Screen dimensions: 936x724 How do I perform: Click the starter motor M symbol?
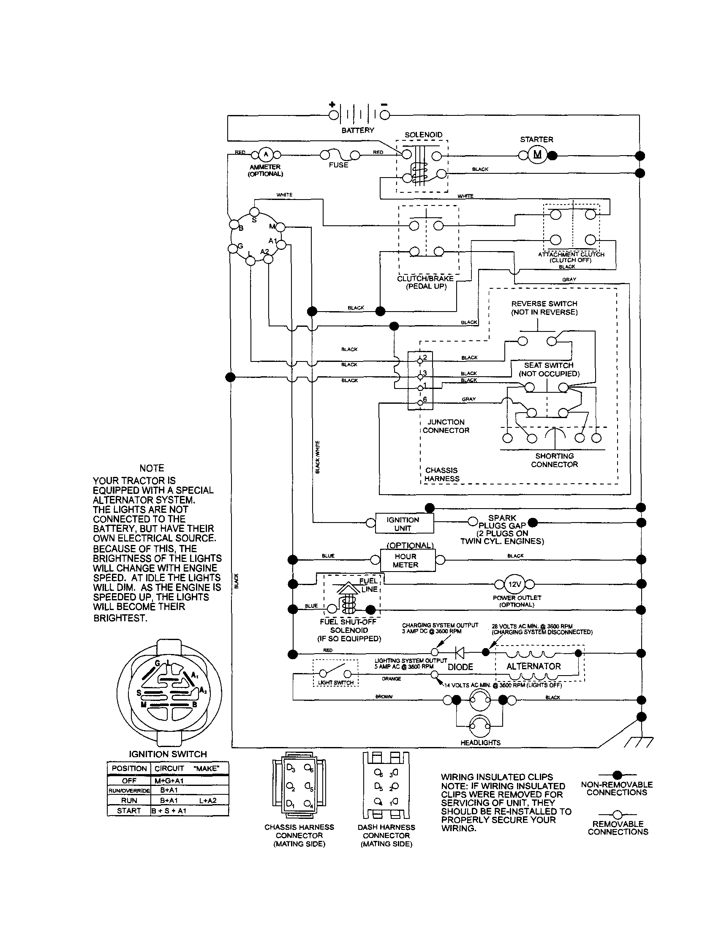(537, 155)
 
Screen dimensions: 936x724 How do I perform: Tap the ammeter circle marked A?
(265, 155)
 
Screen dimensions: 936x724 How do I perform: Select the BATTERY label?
(357, 130)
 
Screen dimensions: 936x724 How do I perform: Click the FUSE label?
(338, 165)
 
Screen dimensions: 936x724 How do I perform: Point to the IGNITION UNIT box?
(404, 524)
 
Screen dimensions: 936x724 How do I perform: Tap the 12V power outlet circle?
(514, 584)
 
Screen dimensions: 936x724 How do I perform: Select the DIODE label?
(460, 667)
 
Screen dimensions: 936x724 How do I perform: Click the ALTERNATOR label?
(533, 666)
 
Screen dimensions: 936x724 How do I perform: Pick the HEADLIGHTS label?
(480, 743)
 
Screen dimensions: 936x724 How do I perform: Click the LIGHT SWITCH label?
(336, 683)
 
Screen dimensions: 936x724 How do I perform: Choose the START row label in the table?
(129, 811)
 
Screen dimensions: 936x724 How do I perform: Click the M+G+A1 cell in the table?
(169, 781)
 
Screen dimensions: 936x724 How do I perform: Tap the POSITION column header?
(129, 769)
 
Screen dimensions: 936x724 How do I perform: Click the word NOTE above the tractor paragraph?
(152, 468)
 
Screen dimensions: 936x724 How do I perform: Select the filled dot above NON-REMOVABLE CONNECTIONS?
(617, 775)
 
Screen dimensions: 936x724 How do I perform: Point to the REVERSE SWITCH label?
(544, 304)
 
